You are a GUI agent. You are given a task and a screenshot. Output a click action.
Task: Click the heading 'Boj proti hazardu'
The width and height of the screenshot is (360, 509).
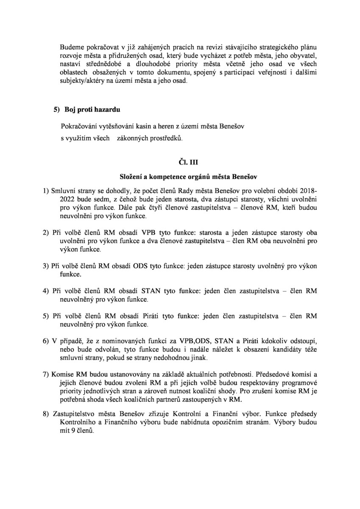click(x=92, y=110)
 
